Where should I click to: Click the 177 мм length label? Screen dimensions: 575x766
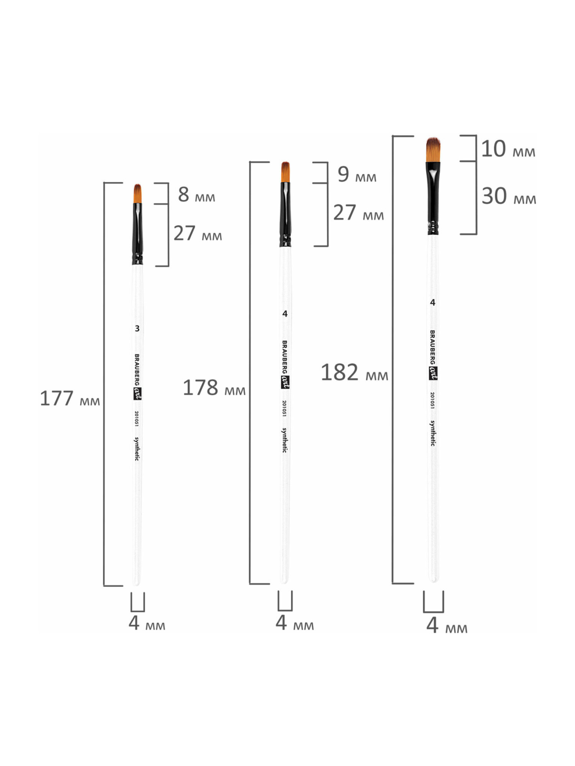click(70, 399)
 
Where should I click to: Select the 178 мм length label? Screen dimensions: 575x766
click(214, 388)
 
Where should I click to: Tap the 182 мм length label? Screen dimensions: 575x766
click(354, 372)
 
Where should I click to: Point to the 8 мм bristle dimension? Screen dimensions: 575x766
click(196, 195)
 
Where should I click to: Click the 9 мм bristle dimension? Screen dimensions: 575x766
click(357, 174)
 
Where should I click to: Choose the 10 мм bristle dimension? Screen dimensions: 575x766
click(508, 149)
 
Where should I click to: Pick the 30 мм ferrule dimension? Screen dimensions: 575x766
click(509, 196)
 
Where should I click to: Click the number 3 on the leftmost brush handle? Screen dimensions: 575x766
click(137, 329)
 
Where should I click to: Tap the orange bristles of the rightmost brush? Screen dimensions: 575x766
click(433, 150)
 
